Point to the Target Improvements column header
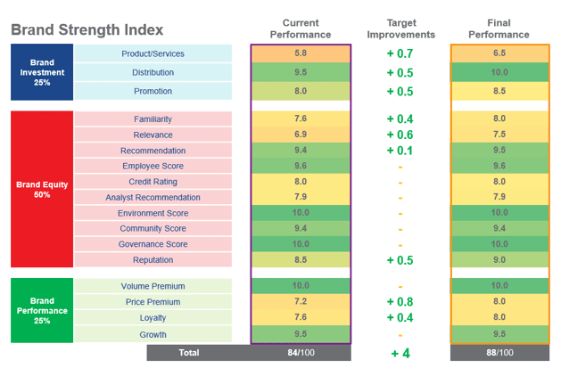point(400,29)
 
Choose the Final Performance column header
point(499,29)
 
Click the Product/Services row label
point(153,54)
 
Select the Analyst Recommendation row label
point(153,198)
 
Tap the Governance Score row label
point(153,244)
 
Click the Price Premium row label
point(153,302)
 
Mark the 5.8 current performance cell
point(301,54)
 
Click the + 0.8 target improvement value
point(400,302)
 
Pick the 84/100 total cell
point(301,352)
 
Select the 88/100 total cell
point(499,352)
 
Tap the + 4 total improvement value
point(400,353)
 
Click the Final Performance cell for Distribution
point(499,73)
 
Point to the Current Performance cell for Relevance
point(301,134)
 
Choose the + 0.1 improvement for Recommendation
point(400,150)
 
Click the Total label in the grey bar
point(189,352)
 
